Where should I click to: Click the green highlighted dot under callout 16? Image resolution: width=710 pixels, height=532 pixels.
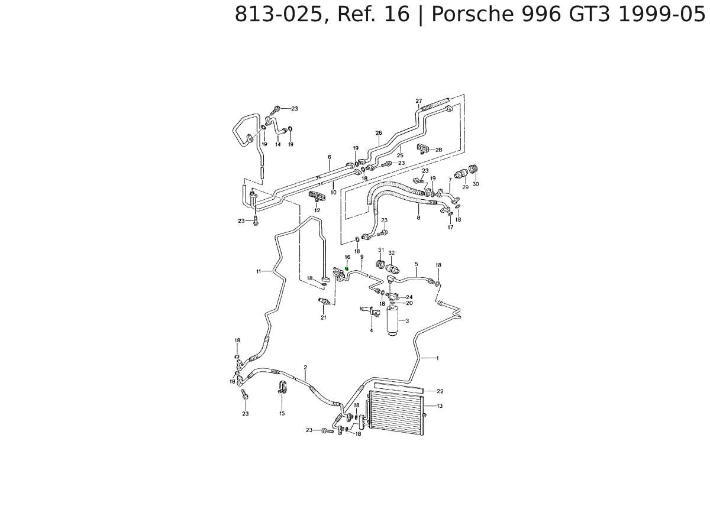click(x=347, y=270)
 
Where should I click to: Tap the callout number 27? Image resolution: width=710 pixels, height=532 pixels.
click(x=418, y=101)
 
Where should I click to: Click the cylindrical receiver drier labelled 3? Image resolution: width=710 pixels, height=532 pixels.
click(x=393, y=322)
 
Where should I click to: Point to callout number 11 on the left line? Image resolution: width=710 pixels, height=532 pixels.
click(x=259, y=271)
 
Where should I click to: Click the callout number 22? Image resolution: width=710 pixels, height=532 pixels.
click(x=440, y=391)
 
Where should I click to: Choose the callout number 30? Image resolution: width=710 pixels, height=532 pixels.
click(x=476, y=184)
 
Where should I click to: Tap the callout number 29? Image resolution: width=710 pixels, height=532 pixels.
click(x=465, y=187)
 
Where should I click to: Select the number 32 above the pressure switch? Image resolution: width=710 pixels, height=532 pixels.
click(x=392, y=253)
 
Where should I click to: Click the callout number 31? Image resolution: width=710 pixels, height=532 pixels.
click(x=381, y=250)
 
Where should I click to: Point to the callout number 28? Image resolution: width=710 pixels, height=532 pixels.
click(x=438, y=150)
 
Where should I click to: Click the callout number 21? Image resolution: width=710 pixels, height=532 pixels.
click(x=324, y=317)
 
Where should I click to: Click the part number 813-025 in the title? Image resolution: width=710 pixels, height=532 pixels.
click(x=279, y=14)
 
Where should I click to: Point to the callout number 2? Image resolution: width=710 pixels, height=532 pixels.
click(x=305, y=368)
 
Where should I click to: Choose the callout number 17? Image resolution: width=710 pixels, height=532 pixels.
click(x=450, y=227)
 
